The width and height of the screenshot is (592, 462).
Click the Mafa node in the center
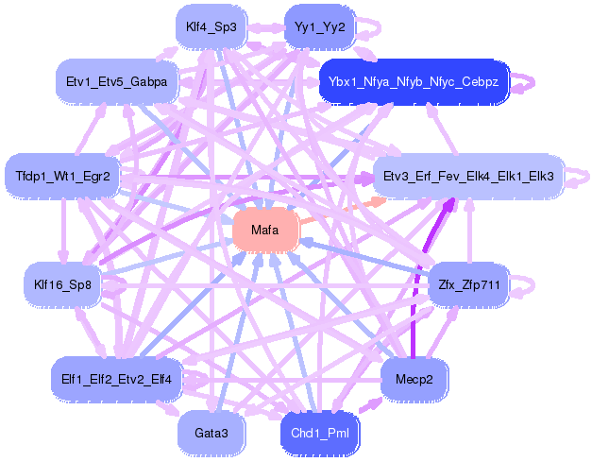coord(265,230)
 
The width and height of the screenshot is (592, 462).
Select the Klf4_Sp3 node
coord(211,27)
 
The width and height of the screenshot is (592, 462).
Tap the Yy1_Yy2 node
coord(319,27)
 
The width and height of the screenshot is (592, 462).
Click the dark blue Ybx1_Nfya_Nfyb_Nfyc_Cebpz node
coord(414,81)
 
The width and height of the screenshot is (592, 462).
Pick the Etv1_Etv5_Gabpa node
coord(117,81)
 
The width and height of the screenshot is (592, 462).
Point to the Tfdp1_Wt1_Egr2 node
coord(62,176)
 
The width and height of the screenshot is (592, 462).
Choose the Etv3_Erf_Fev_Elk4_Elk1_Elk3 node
coord(468,176)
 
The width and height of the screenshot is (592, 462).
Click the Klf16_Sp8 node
coord(62,284)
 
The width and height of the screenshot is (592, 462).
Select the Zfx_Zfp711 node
coord(469,284)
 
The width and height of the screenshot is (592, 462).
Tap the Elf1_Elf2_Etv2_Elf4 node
coord(117,379)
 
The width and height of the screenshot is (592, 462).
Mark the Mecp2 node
coord(414,379)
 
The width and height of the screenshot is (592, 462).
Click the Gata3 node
coord(211,433)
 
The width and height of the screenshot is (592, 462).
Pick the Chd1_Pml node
coord(320,433)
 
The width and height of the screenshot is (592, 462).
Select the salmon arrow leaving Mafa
coord(342,212)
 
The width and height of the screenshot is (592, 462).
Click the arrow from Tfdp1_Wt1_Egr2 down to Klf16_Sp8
coord(63,231)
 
